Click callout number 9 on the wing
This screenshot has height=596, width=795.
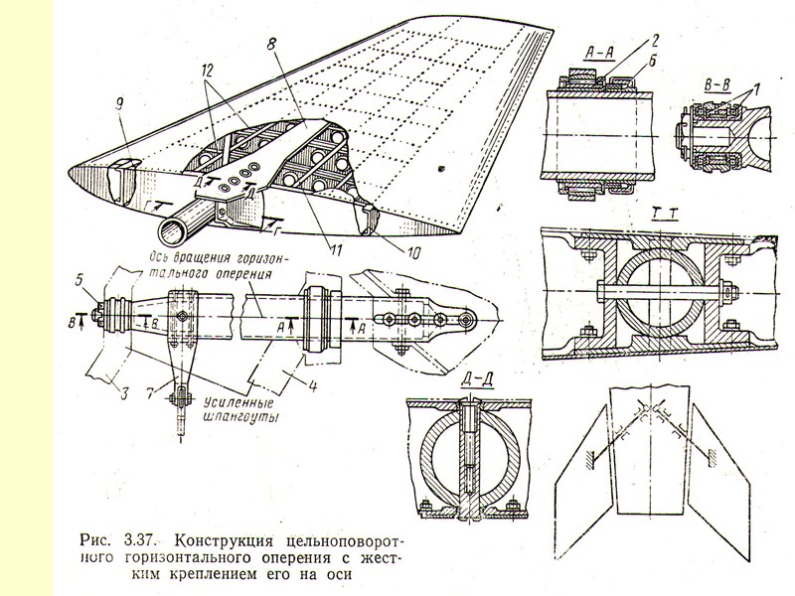point(118,126)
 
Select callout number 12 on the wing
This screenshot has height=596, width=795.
point(206,73)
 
